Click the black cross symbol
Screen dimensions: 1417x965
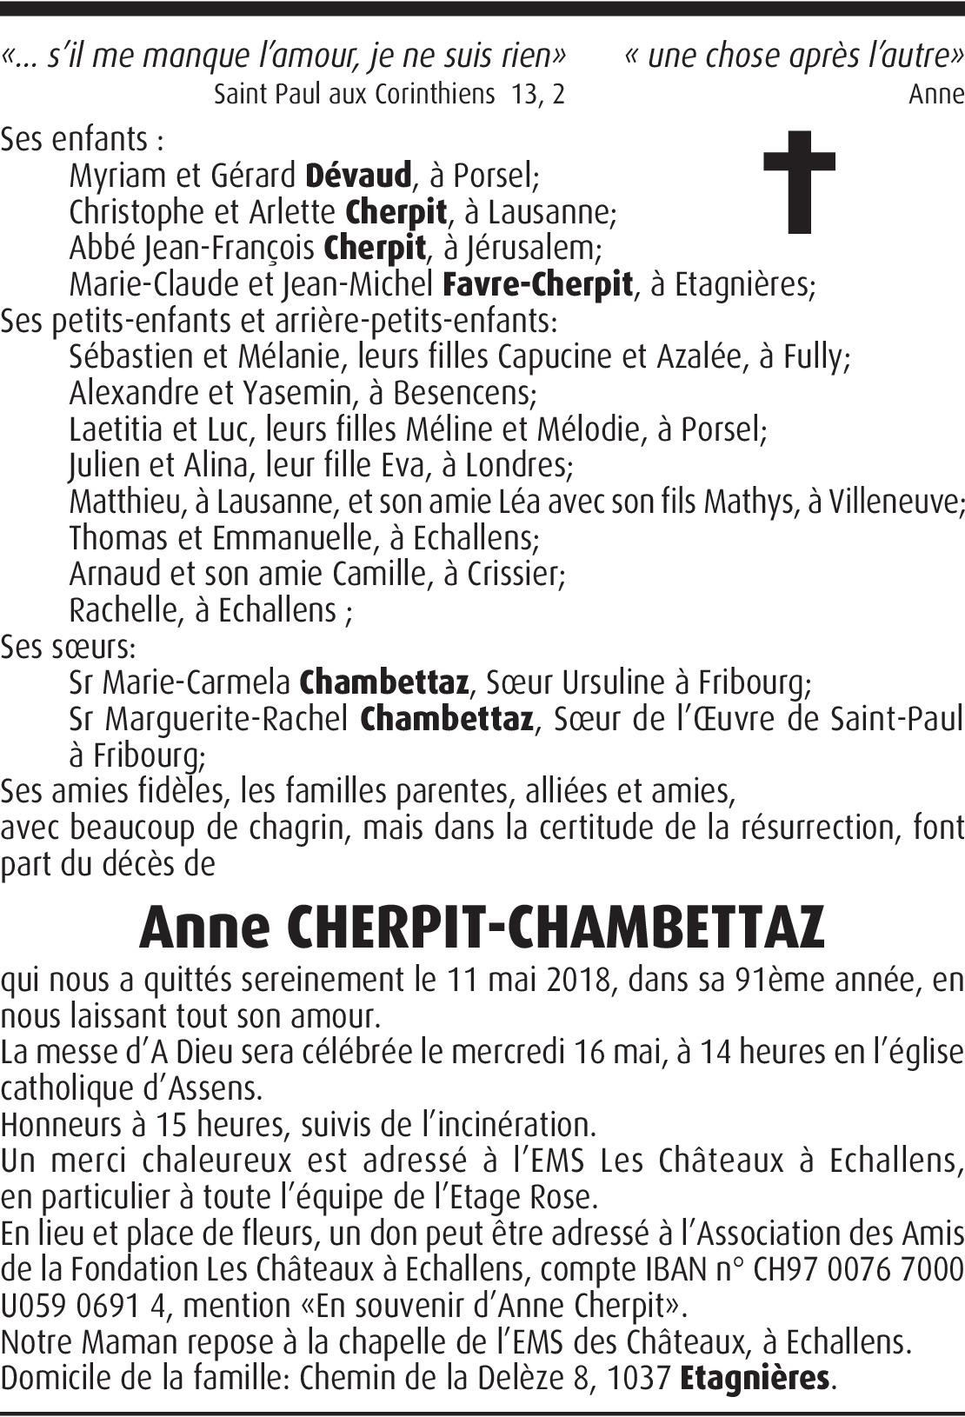799,182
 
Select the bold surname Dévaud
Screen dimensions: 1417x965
358,176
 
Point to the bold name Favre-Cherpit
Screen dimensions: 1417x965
537,285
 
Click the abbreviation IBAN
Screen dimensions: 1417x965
688,1270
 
